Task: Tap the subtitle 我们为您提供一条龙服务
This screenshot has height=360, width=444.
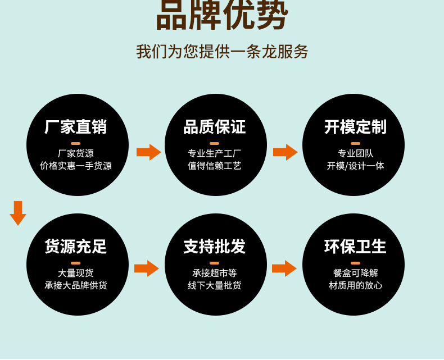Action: pos(222,52)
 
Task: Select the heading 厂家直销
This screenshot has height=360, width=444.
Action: pos(76,127)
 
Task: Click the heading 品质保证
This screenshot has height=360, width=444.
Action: pos(214,127)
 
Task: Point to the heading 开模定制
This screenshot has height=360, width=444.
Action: pos(355,127)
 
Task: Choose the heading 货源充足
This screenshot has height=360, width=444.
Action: pos(76,247)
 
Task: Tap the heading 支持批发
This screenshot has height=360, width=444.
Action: pos(214,247)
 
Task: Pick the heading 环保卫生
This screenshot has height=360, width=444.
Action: pos(355,247)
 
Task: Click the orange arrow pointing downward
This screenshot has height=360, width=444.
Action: pos(18,213)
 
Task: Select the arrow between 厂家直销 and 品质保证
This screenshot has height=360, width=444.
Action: pos(148,152)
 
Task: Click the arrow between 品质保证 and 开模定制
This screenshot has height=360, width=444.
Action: pos(285,152)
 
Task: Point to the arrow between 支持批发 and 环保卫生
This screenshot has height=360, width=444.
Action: pos(284,268)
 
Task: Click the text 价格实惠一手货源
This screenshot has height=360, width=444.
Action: pos(76,166)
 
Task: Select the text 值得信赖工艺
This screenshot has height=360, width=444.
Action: pos(214,166)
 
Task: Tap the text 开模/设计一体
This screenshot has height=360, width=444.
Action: pos(355,166)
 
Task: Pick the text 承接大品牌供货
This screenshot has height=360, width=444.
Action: pos(76,285)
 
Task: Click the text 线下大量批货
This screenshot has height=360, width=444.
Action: pos(214,285)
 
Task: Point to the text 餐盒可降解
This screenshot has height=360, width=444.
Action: pos(355,273)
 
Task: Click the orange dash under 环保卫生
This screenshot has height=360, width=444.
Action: pos(355,263)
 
